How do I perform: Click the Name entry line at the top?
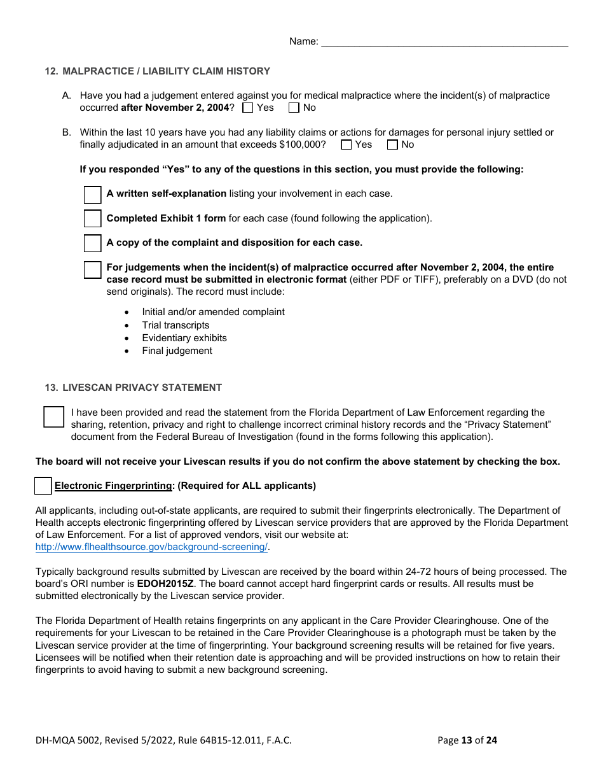click(x=444, y=42)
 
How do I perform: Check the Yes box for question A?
click(x=248, y=108)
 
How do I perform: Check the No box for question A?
click(x=294, y=108)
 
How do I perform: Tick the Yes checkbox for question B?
click(x=347, y=145)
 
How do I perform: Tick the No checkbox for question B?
click(x=392, y=145)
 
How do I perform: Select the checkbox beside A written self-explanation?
click(x=93, y=195)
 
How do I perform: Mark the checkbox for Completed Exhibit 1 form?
click(x=93, y=219)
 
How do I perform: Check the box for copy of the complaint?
click(x=93, y=243)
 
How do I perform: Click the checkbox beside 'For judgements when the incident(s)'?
click(x=93, y=269)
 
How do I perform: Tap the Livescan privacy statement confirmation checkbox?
click(x=54, y=417)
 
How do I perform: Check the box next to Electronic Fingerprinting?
click(x=43, y=486)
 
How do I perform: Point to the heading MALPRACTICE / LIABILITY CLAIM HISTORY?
click(x=166, y=71)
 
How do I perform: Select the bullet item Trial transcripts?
click(x=175, y=325)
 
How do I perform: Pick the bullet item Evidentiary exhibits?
click(x=184, y=338)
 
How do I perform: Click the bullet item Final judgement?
click(x=177, y=351)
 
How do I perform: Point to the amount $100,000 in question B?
click(x=302, y=145)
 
